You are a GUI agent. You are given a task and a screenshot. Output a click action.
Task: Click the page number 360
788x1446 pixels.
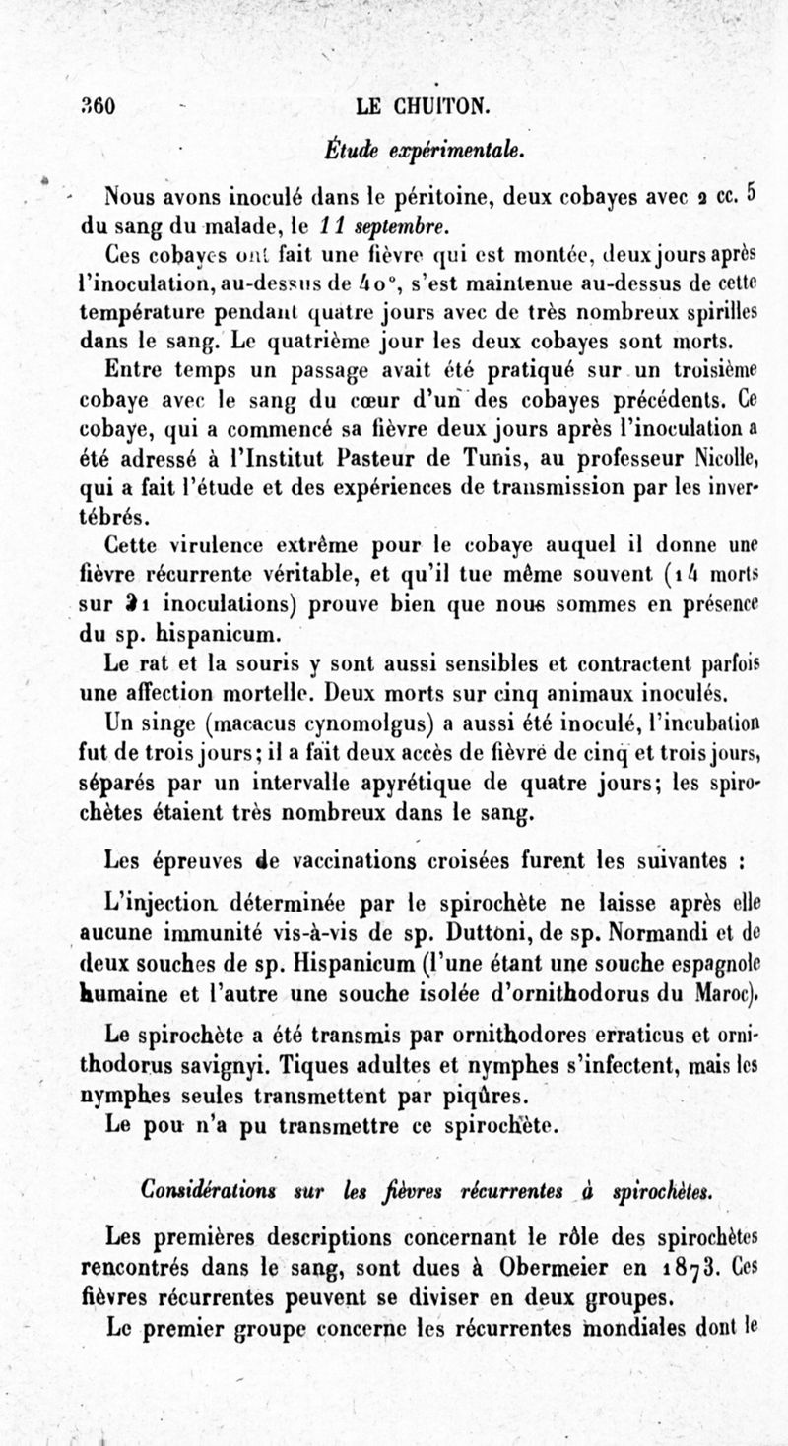(99, 107)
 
